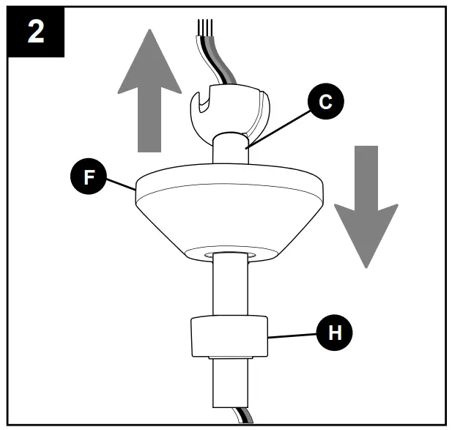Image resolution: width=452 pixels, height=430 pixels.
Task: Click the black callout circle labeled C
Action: tap(325, 102)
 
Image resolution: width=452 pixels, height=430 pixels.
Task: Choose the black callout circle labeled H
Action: tap(335, 332)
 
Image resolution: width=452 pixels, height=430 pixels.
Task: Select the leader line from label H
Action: tap(293, 335)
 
